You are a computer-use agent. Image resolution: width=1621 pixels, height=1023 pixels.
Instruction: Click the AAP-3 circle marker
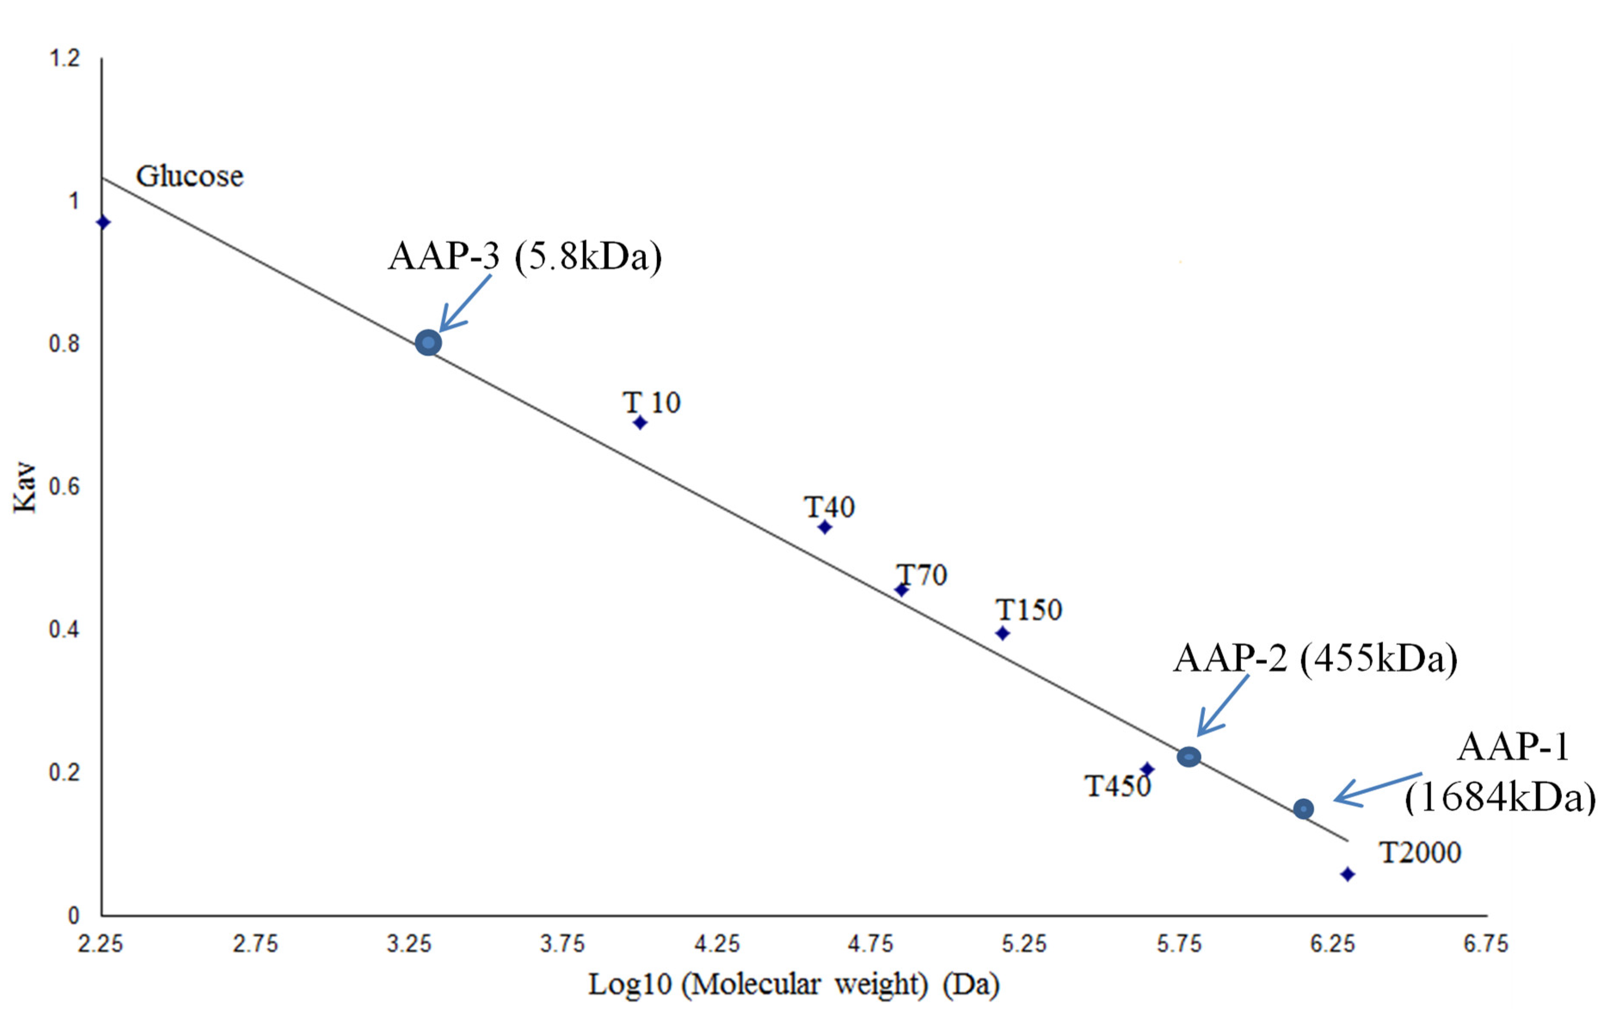pyautogui.click(x=428, y=343)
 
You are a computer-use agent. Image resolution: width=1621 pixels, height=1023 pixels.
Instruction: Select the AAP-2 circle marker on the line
pyautogui.click(x=1189, y=756)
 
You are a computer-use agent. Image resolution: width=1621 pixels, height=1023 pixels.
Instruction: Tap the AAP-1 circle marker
pyautogui.click(x=1303, y=808)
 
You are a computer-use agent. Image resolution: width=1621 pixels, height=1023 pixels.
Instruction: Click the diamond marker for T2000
pyautogui.click(x=1347, y=874)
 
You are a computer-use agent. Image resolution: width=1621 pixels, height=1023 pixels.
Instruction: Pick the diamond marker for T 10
pyautogui.click(x=640, y=423)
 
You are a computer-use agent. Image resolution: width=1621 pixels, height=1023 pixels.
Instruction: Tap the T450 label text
pyautogui.click(x=1118, y=786)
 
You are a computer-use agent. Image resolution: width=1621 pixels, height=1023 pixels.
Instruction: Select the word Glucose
pyautogui.click(x=190, y=176)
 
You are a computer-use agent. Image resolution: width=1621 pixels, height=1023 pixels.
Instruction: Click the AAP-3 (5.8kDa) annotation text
pyautogui.click(x=525, y=256)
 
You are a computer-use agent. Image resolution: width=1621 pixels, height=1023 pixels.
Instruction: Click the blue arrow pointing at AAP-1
pyautogui.click(x=1377, y=789)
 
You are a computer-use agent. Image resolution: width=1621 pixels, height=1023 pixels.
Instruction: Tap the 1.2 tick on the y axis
pyautogui.click(x=64, y=58)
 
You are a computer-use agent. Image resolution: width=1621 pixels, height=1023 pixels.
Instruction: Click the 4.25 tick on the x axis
pyautogui.click(x=717, y=943)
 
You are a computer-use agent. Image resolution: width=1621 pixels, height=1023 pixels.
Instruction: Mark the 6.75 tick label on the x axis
pyautogui.click(x=1486, y=943)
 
